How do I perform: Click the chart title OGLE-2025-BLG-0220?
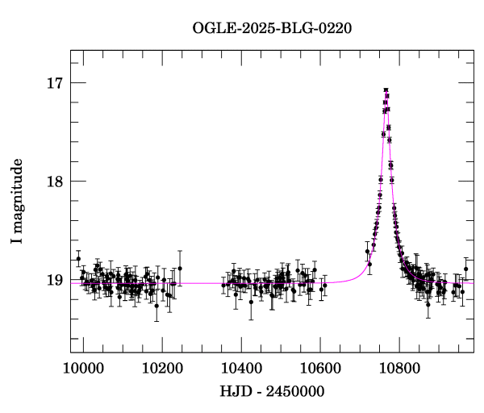272,28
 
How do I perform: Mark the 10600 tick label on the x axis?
320,369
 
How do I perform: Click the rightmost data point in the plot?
465,269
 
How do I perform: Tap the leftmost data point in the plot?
78,258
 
